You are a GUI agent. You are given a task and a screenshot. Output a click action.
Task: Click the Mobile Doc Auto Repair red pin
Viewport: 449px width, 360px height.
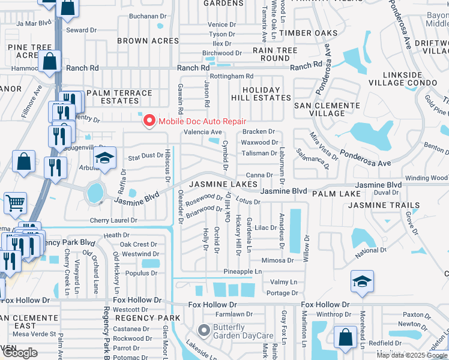[148, 121]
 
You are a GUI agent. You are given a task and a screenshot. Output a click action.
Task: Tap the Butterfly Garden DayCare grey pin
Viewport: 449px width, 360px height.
[203, 330]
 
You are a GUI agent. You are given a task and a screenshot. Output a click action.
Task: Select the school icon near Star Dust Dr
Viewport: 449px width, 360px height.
[104, 158]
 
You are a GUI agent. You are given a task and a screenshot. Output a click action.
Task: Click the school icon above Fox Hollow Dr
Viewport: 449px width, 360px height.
[362, 281]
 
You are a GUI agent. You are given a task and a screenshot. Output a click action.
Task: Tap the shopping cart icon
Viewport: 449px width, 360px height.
[15, 202]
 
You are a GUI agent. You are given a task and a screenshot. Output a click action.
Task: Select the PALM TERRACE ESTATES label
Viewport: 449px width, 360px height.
[119, 97]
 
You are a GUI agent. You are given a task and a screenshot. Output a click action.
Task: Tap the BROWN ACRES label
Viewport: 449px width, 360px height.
[148, 41]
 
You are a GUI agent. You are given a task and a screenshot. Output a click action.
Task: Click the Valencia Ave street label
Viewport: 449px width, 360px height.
[202, 132]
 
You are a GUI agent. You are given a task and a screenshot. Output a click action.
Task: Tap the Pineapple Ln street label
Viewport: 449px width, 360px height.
[243, 272]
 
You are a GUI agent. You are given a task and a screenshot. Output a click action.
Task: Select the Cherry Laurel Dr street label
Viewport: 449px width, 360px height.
[113, 220]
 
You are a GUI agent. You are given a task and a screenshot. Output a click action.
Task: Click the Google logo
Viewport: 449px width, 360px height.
[20, 353]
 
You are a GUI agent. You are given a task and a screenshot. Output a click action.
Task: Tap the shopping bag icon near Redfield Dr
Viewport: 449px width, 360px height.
[346, 337]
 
